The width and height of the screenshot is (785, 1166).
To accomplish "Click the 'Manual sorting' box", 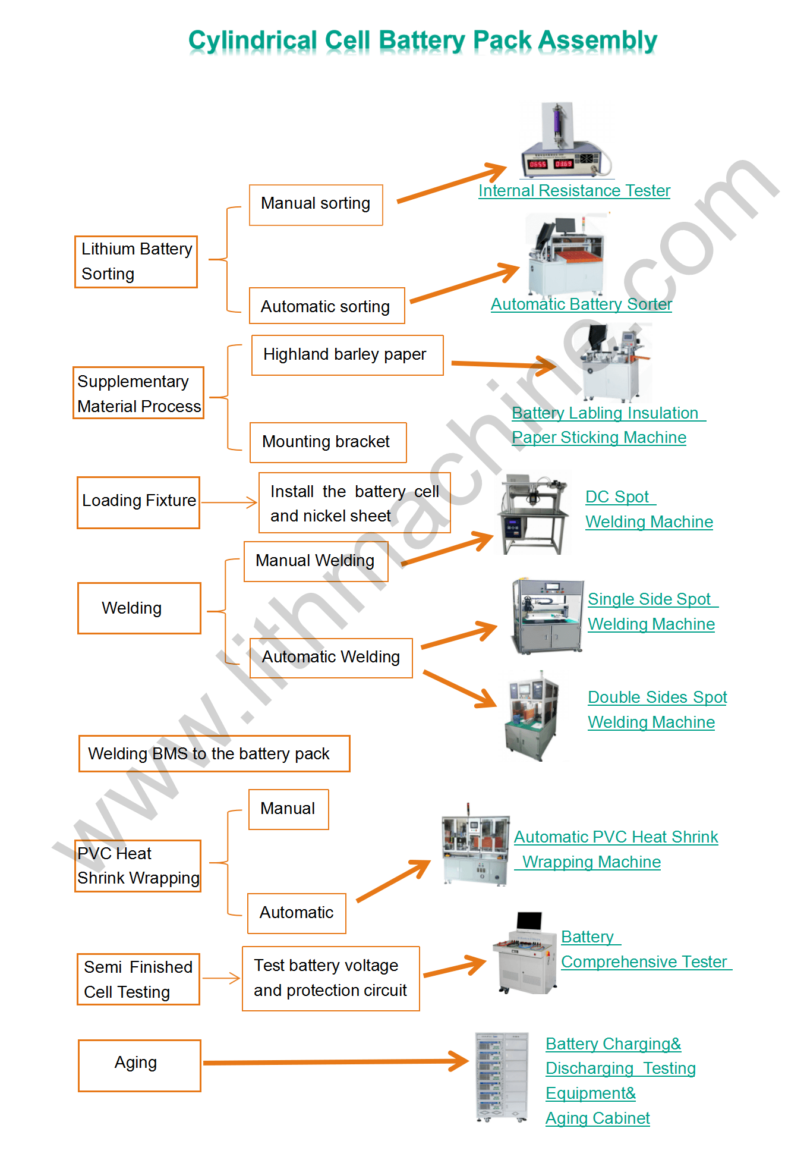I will click(x=316, y=205).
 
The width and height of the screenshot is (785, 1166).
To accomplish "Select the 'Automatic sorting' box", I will click(x=326, y=306).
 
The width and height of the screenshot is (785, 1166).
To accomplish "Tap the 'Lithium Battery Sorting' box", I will click(x=136, y=262).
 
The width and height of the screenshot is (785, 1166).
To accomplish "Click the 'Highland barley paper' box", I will click(x=347, y=355).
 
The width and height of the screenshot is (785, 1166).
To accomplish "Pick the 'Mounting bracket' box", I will click(x=327, y=442).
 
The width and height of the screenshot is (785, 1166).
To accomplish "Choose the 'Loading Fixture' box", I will click(x=138, y=502).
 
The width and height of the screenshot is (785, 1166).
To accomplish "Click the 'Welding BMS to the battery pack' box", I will click(x=214, y=753).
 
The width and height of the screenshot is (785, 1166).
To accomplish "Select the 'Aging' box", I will click(x=139, y=1065).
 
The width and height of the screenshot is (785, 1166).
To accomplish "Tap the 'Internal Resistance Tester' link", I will click(x=574, y=191).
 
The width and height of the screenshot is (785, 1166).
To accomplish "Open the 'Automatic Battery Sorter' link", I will click(x=581, y=304).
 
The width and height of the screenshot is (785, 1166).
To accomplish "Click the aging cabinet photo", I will click(x=502, y=1077).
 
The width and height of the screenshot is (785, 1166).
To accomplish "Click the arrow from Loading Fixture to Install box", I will click(x=229, y=502).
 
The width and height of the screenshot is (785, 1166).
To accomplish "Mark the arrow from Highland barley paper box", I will click(x=503, y=364).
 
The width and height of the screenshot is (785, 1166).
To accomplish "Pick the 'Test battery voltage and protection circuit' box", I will click(x=330, y=978).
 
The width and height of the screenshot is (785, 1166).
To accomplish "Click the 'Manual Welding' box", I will click(x=316, y=561).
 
